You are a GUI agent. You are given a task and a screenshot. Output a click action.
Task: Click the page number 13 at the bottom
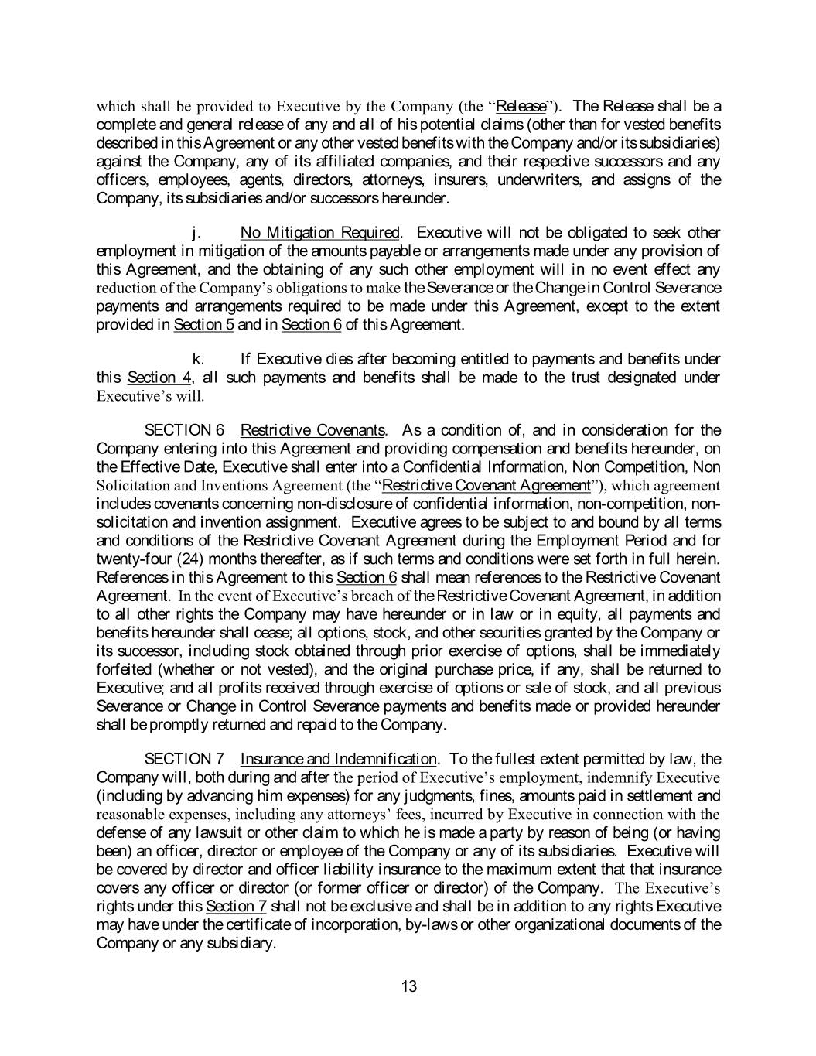(x=409, y=986)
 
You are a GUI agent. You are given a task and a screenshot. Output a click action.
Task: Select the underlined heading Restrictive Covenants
(x=312, y=430)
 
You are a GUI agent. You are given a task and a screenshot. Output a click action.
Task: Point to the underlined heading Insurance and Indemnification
(x=338, y=759)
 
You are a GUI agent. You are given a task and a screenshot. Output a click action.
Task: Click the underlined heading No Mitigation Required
(x=320, y=233)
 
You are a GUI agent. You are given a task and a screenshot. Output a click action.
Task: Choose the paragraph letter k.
(x=198, y=359)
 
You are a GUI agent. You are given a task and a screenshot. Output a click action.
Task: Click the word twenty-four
(x=128, y=559)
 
